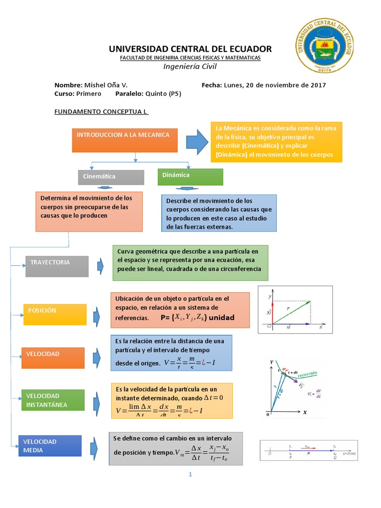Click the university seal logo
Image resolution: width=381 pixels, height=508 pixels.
pos(325,46)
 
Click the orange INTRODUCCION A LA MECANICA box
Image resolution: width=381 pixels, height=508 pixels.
pos(125,139)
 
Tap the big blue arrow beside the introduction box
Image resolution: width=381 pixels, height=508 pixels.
pos(200,141)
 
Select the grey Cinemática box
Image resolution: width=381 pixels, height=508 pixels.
pos(111,177)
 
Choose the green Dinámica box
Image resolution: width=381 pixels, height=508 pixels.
pos(190,176)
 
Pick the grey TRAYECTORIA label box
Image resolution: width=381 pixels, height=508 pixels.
pos(57,266)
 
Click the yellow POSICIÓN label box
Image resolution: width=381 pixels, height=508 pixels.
pos(55,314)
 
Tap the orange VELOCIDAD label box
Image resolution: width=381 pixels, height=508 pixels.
pos(56,357)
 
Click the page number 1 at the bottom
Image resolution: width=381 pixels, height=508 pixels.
pos(190,474)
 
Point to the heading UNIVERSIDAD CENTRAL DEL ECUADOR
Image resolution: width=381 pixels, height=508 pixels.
pos(190,49)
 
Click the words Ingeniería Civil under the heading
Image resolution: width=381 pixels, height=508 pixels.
pos(190,67)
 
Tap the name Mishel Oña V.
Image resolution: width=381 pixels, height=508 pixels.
pos(106,85)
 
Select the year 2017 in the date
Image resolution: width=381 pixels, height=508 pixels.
pos(317,85)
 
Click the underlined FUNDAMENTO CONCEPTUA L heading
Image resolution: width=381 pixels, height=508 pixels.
pos(101,112)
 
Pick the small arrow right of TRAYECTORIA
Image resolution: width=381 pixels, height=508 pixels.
pos(101,266)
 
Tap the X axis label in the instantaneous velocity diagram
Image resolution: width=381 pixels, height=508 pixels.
pos(305,412)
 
